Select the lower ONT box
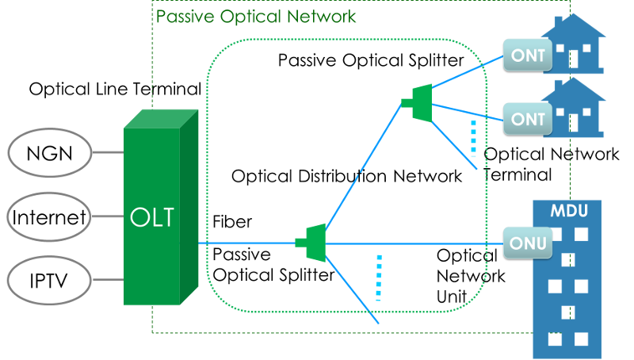tap(529, 119)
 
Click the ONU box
tap(529, 243)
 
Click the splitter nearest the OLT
tap(312, 243)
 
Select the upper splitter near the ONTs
tap(419, 101)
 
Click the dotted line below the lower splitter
tap(379, 278)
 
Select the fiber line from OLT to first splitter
tap(246, 243)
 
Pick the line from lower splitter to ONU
tap(412, 243)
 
